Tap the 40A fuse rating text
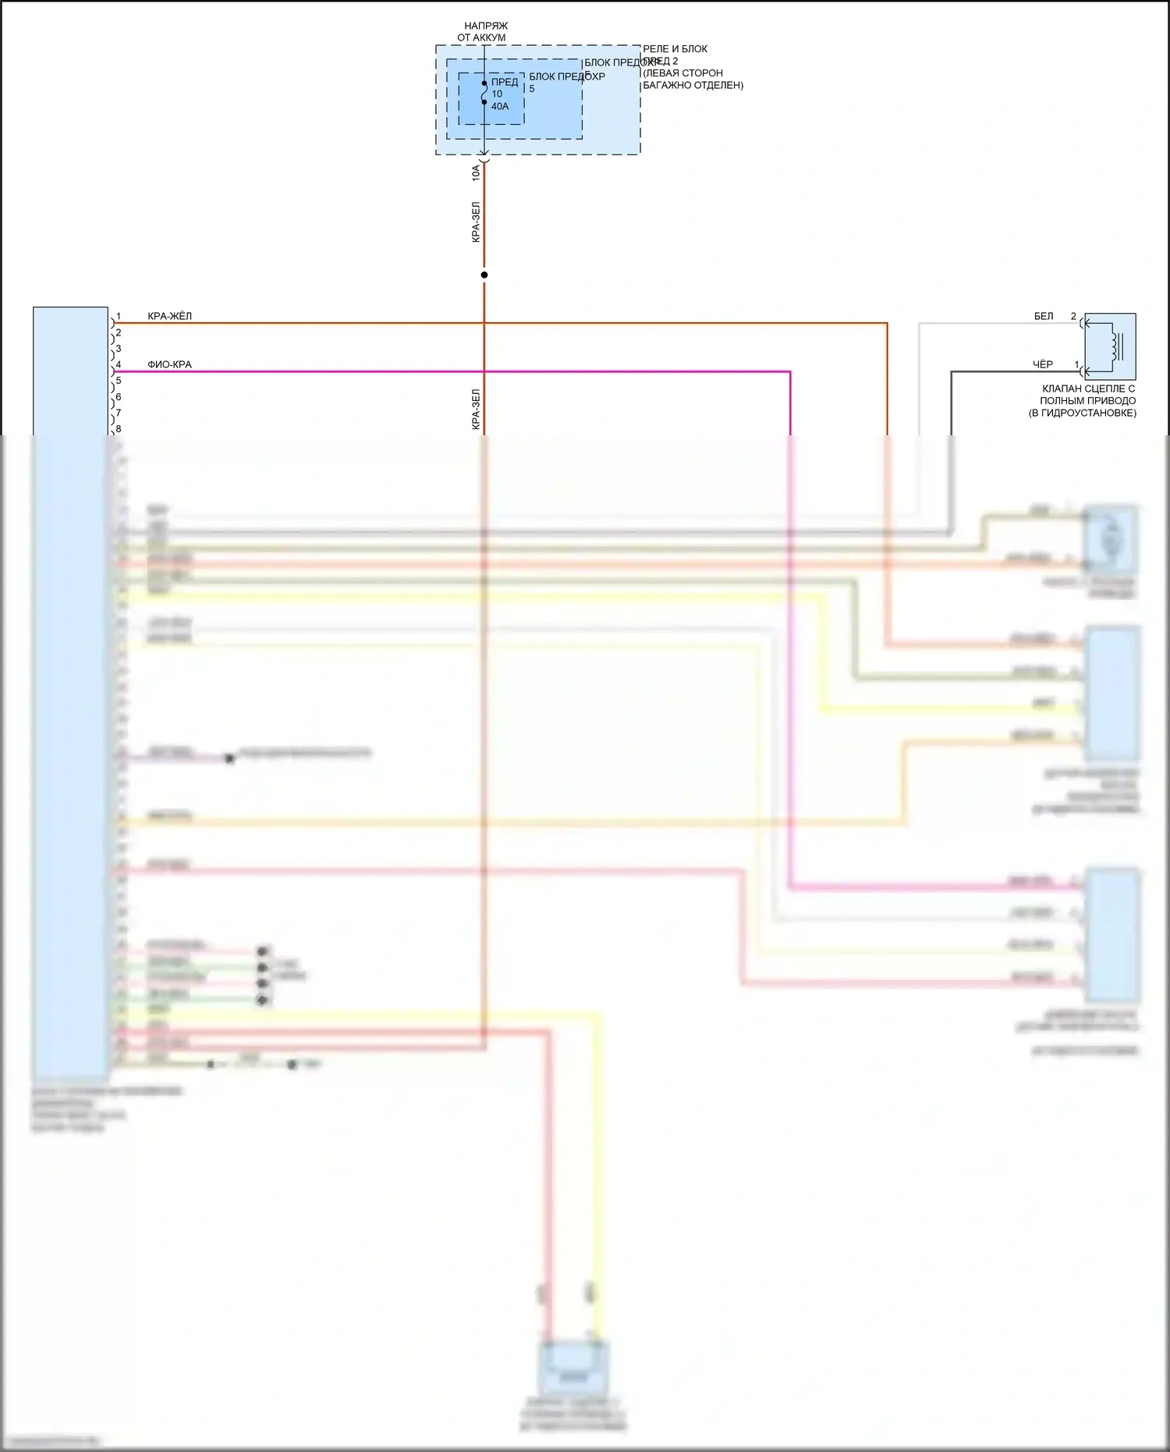500,106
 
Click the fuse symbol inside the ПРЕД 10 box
484,92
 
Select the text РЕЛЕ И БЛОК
675,49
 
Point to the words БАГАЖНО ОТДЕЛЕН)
693,85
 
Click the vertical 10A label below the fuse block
476,172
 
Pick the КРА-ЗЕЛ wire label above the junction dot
476,222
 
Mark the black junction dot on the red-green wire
484,275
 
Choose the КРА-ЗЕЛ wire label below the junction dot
476,410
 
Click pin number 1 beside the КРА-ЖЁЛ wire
119,317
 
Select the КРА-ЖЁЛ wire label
169,316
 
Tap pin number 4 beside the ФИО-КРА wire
119,364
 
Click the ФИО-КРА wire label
169,364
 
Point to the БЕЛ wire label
1043,316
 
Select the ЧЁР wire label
1043,364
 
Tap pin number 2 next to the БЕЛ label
1073,316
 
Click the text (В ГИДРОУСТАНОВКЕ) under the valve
1082,413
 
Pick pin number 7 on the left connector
119,413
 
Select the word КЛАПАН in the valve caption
1062,389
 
